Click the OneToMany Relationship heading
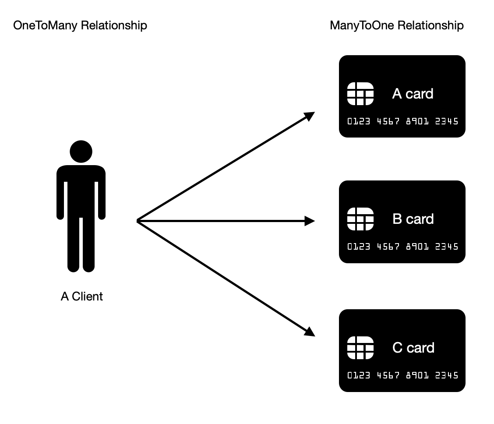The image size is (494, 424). click(x=80, y=25)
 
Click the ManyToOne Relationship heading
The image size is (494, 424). click(x=396, y=25)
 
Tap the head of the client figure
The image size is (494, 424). click(x=81, y=152)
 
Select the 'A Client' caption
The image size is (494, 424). click(x=81, y=297)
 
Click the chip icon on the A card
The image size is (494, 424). click(x=360, y=94)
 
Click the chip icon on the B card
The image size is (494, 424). click(x=360, y=219)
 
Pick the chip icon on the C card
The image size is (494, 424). click(x=360, y=348)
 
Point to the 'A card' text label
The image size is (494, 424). click(x=413, y=94)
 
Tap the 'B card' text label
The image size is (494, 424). click(x=413, y=219)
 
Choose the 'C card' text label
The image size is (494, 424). click(x=413, y=348)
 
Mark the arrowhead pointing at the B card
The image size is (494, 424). click(x=310, y=221)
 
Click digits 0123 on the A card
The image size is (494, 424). click(x=359, y=121)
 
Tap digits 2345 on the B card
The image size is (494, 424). click(x=446, y=247)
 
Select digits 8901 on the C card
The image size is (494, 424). click(x=417, y=375)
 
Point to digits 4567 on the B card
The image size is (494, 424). click(x=388, y=247)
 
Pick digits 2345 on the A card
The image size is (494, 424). click(x=446, y=121)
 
